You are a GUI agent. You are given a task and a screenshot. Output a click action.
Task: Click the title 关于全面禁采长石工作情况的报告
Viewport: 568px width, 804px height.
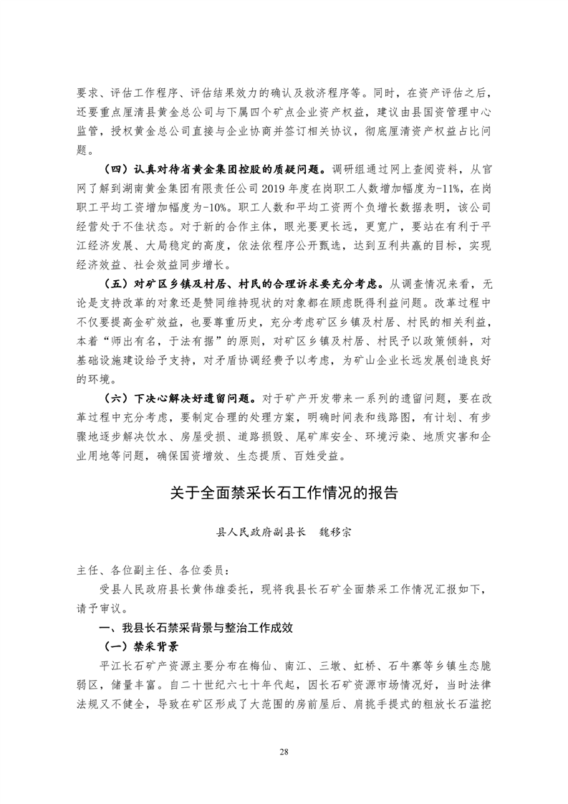point(284,494)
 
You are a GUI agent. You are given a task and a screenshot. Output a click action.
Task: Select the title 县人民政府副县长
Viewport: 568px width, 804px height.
point(261,533)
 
